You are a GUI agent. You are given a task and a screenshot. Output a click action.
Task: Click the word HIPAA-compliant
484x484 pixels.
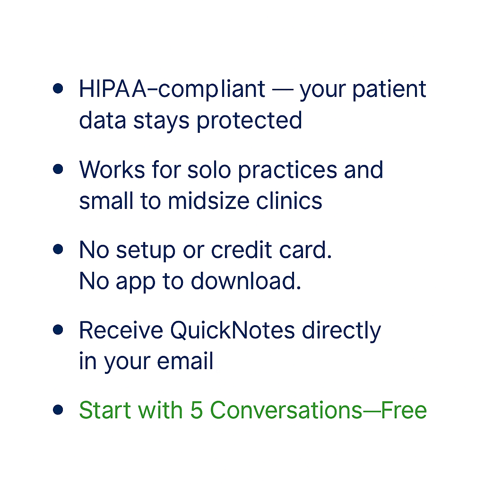[x=172, y=90]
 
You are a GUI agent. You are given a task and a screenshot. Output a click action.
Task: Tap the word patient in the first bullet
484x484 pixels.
[x=389, y=90]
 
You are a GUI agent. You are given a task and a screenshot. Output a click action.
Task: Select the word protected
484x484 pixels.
[x=250, y=121]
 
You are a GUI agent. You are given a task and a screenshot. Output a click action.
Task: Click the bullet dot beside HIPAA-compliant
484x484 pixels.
[x=58, y=88]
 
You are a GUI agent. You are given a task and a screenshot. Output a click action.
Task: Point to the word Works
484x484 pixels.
[x=112, y=170]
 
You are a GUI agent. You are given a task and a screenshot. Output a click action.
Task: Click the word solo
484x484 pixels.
[x=209, y=170]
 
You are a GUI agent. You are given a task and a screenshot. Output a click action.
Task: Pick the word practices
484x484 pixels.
[x=287, y=170]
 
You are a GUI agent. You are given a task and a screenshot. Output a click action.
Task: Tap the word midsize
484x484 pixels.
[x=208, y=200]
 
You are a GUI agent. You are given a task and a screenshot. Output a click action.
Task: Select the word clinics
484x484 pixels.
[x=289, y=200]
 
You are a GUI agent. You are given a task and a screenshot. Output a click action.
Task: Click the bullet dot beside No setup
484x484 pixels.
[x=58, y=249]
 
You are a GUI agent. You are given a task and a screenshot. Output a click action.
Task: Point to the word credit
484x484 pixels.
[x=242, y=250]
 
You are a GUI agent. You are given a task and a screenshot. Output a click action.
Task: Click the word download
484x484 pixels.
[x=246, y=281]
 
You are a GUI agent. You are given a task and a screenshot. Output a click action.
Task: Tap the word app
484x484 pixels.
[x=136, y=283]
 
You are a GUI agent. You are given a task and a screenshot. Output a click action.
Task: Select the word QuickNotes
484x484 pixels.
[x=233, y=330]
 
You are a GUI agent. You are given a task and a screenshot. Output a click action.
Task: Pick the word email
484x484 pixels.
[x=185, y=361]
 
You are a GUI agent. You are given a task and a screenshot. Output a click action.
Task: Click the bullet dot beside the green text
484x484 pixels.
[x=58, y=410]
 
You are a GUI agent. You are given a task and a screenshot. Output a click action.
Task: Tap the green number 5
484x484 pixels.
[x=197, y=410]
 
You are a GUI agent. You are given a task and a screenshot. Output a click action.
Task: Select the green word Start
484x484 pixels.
[x=105, y=410]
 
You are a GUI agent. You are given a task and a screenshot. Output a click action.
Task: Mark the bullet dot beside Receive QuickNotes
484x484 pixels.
[x=58, y=329]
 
